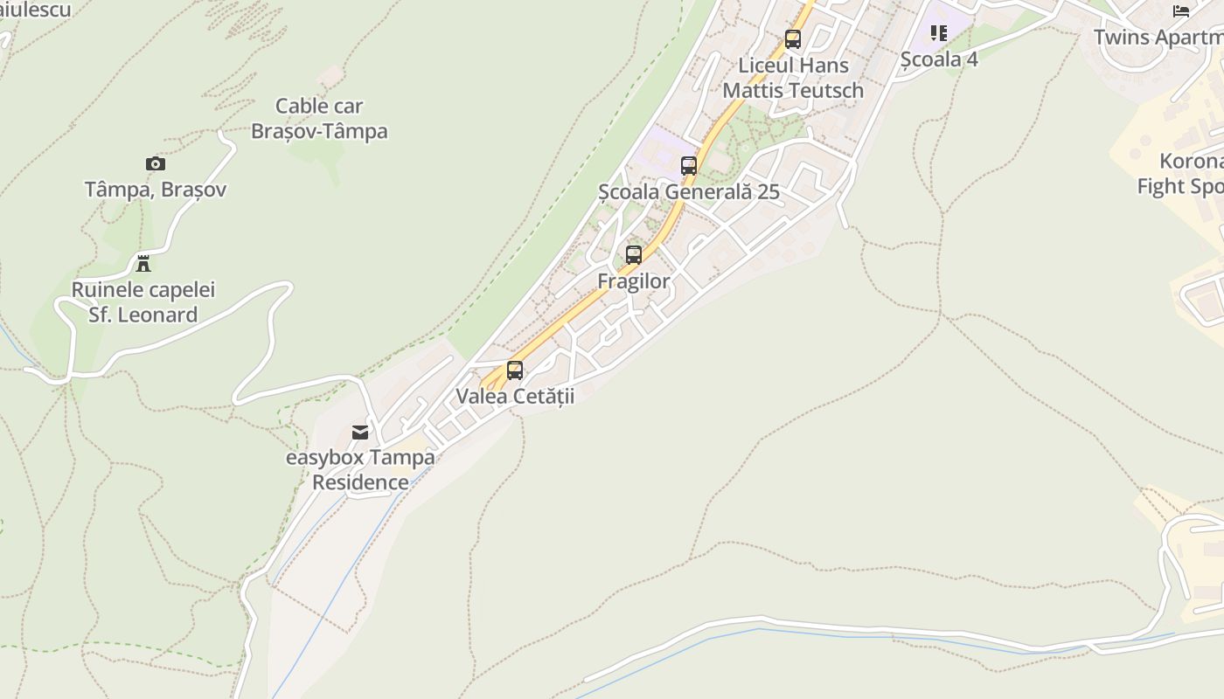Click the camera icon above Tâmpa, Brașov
pos(155,163)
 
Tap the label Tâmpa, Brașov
pos(156,190)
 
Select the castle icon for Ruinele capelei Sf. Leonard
pos(143,263)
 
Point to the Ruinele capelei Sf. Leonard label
pos(143,302)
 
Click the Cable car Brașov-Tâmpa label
pos(319,119)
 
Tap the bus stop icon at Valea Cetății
pos(515,370)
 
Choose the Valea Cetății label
pos(515,396)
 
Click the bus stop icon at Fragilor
pos(634,255)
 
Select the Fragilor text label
pos(634,281)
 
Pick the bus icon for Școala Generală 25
pos(689,165)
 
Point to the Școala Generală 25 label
pos(689,192)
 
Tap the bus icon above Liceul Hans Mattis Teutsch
pos(793,39)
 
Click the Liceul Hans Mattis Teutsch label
pos(793,78)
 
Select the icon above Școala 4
pos(939,33)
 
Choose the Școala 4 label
pos(939,59)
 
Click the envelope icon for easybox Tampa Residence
pos(360,432)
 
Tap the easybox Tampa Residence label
pos(360,470)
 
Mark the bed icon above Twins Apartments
pos(1181,11)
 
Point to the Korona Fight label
pos(1180,174)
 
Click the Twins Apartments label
pos(1158,38)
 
